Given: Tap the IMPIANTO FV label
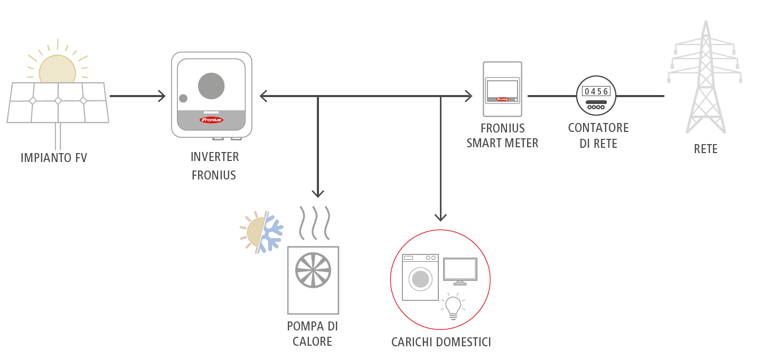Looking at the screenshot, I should click(x=53, y=157).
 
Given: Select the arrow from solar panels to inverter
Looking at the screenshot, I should click(x=137, y=96).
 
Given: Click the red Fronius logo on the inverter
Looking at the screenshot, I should click(x=211, y=120).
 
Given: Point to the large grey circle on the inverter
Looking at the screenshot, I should click(x=211, y=86).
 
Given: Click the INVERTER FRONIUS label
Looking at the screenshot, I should click(x=214, y=166).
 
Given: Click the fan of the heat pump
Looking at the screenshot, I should click(x=313, y=270).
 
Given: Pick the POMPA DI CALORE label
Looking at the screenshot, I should click(x=313, y=334).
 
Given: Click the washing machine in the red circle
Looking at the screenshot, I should click(x=420, y=278).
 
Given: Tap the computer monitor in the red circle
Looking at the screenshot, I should click(x=460, y=270).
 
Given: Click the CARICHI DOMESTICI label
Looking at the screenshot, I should click(x=441, y=342).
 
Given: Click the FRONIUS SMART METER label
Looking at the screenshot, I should click(x=502, y=136).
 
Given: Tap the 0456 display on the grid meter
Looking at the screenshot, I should click(x=596, y=91).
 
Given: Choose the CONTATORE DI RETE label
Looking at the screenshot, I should click(x=598, y=136).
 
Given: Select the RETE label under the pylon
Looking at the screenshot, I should click(x=706, y=149).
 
